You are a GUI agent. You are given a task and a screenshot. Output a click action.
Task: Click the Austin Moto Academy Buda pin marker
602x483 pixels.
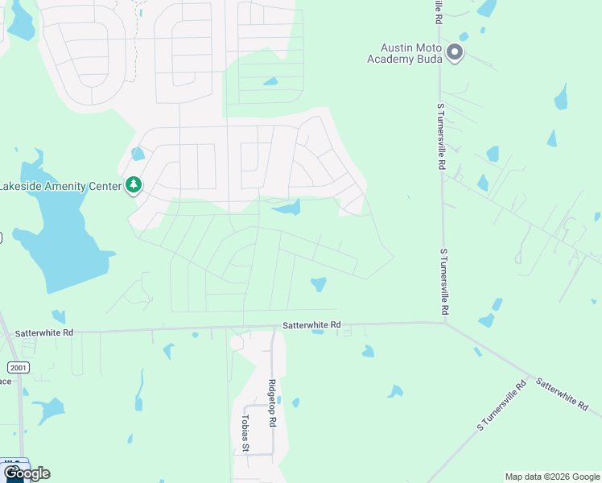coord(455,54)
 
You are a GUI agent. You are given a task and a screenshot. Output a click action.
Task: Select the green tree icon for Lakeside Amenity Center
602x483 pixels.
coord(134,186)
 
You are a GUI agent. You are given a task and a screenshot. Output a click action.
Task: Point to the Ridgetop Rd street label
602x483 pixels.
coord(273,399)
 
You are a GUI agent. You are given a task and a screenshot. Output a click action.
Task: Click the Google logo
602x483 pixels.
coord(26,473)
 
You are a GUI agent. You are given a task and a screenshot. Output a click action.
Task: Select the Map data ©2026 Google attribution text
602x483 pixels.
coord(551,477)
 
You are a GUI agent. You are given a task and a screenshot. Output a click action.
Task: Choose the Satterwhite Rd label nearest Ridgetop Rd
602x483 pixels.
coord(312,325)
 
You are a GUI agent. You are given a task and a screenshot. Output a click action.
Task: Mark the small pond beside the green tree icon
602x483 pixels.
coord(138,154)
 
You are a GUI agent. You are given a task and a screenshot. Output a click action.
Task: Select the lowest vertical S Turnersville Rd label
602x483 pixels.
coord(443,282)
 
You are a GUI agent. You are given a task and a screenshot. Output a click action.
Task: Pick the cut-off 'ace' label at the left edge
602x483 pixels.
coord(5,381)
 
